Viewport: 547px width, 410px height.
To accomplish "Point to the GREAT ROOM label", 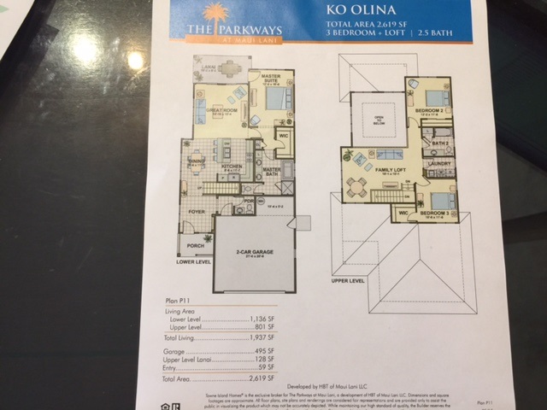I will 221,111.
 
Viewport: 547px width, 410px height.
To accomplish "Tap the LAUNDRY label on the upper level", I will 439,162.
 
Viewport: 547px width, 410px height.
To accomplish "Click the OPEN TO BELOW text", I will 379,119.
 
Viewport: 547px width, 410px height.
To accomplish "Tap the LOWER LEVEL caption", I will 193,262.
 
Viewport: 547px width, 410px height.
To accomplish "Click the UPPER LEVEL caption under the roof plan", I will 348,280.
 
